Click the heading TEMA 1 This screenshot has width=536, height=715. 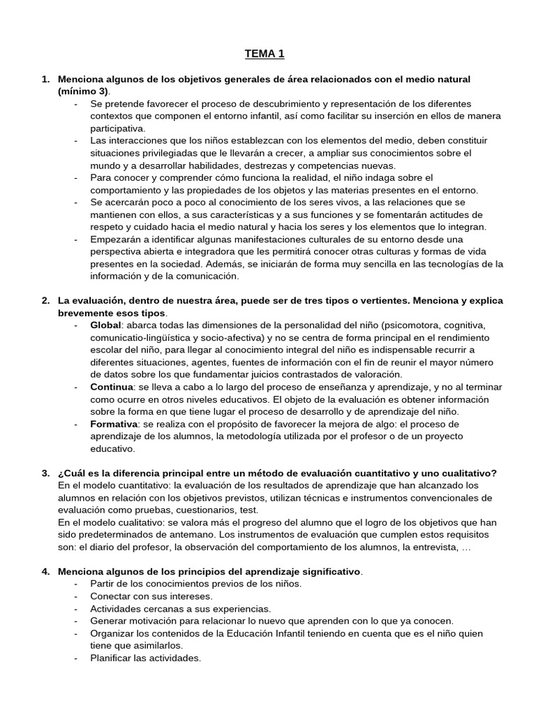pyautogui.click(x=265, y=54)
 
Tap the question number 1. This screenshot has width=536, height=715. pyautogui.click(x=45, y=80)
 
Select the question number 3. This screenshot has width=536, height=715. pyautogui.click(x=45, y=473)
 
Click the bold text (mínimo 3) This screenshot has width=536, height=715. pyautogui.click(x=84, y=91)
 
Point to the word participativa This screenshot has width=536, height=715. pyautogui.click(x=117, y=128)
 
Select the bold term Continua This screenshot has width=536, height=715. pyautogui.click(x=111, y=387)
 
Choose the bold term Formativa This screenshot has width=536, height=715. pyautogui.click(x=113, y=424)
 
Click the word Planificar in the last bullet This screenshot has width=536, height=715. pyautogui.click(x=112, y=658)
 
